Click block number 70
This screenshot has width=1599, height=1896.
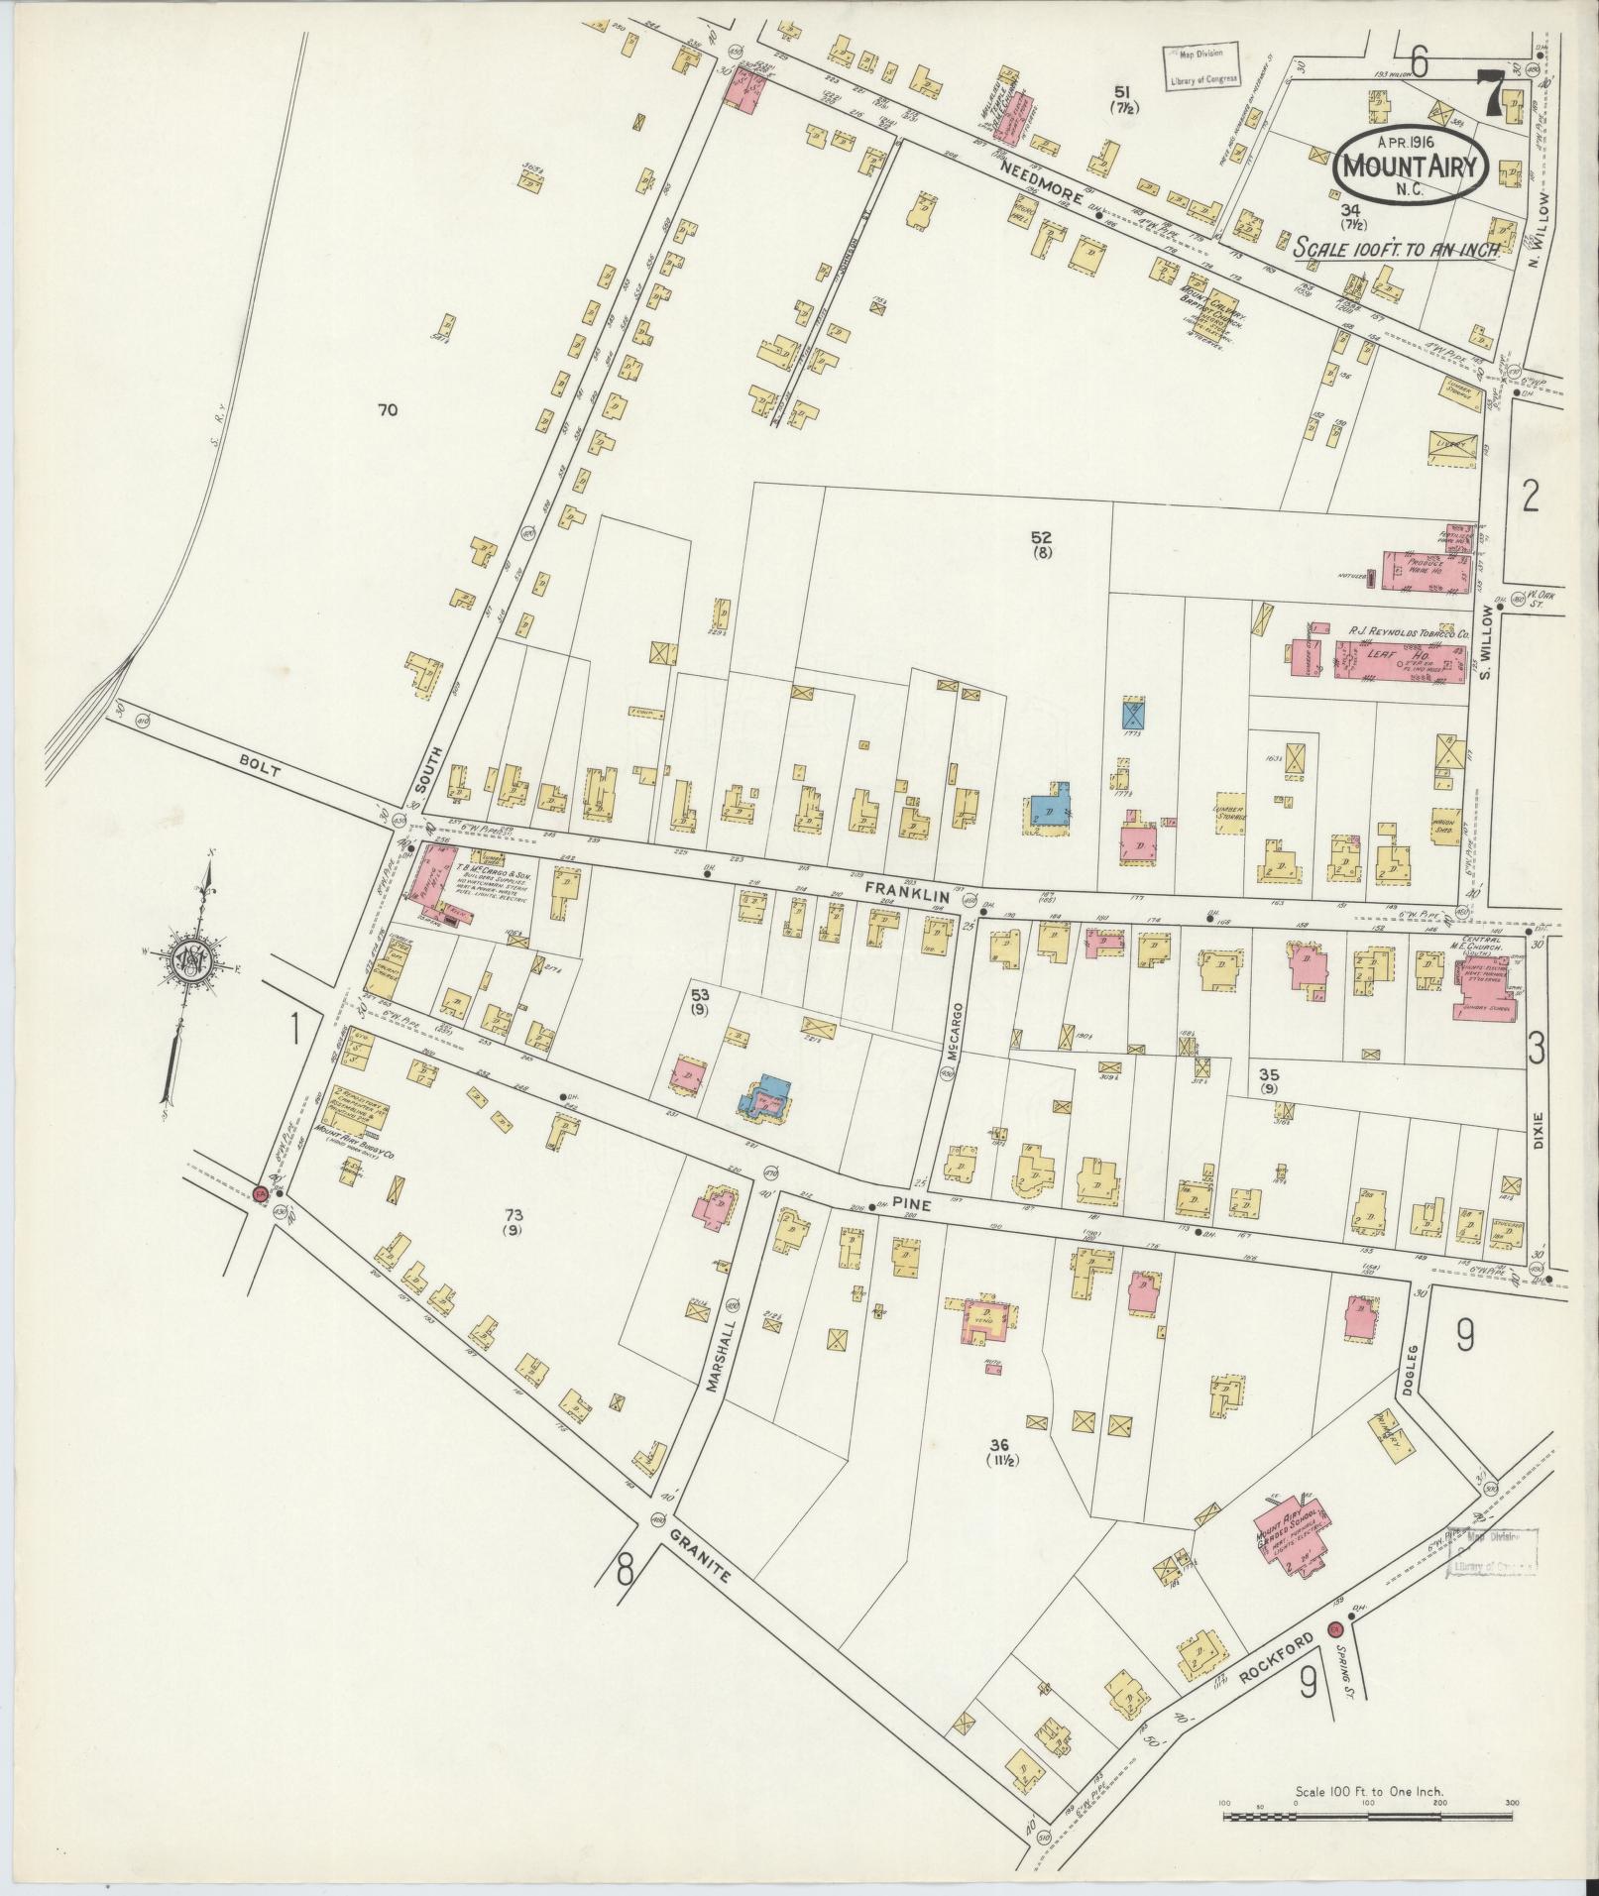(x=388, y=408)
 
